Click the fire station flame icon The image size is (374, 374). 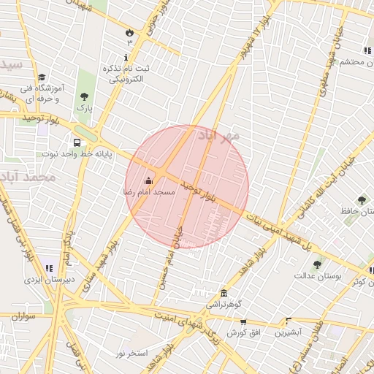tap(130, 32)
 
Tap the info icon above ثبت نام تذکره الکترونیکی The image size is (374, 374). tap(126, 57)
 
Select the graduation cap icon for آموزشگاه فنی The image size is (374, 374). tap(42, 77)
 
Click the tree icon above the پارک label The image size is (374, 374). tap(85, 96)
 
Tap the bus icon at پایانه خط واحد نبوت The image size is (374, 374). tap(77, 142)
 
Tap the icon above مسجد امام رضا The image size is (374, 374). tap(149, 180)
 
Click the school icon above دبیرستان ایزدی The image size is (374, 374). tap(48, 268)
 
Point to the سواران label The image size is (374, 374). tap(23, 316)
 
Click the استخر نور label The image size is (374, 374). tap(131, 354)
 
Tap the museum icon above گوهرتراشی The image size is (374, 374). tap(223, 293)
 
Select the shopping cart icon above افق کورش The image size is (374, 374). tap(243, 322)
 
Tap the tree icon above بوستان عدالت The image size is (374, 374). tap(316, 265)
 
